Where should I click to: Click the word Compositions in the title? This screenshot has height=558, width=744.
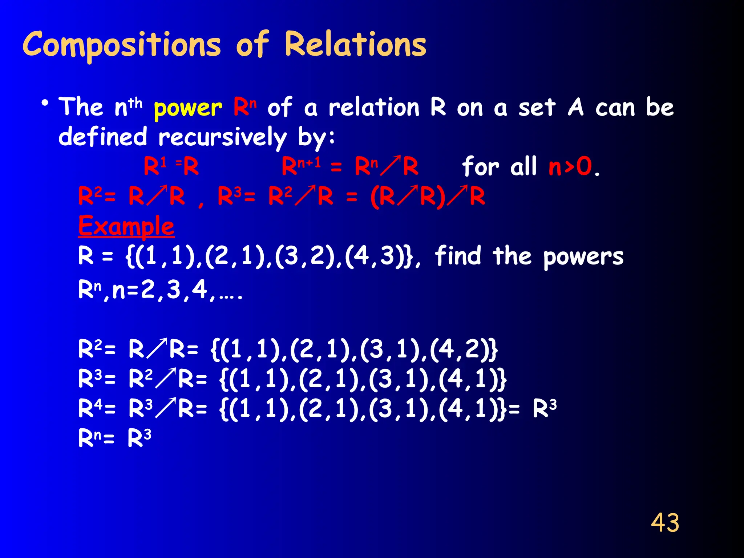point(122,45)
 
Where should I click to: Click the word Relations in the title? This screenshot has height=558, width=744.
point(355,44)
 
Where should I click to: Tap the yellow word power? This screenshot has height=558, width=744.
point(187,108)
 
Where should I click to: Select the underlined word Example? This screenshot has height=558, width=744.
point(126,226)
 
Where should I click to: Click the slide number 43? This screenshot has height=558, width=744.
point(665,523)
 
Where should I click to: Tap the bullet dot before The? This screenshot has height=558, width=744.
point(45,104)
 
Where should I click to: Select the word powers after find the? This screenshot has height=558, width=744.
point(583,257)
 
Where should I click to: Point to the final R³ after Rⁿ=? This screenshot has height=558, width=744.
point(139,438)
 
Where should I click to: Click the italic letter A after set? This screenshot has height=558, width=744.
point(576,108)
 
